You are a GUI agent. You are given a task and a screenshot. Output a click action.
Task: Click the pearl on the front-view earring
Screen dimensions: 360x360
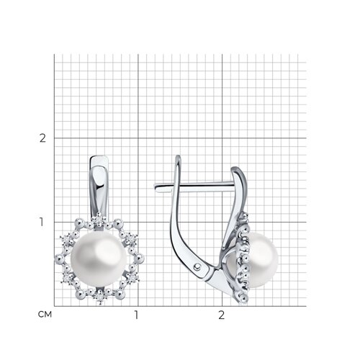tap(99, 258)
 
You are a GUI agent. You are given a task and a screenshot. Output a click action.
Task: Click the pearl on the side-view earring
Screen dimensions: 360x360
tap(263, 260)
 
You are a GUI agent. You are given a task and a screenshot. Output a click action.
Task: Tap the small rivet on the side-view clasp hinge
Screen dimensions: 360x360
tap(197, 266)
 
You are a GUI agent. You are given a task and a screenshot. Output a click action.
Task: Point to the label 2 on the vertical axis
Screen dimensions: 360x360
tap(42, 138)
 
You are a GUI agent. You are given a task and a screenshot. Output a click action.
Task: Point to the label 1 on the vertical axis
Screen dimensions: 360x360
tap(42, 222)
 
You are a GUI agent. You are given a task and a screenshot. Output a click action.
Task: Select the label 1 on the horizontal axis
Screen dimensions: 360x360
tap(136, 315)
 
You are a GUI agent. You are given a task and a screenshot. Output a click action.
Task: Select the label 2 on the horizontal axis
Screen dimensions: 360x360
tap(222, 315)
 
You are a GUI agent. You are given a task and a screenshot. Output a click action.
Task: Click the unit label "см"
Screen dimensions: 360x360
tap(45, 315)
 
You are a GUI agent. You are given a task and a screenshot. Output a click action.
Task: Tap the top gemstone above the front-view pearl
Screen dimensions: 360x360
tap(99, 219)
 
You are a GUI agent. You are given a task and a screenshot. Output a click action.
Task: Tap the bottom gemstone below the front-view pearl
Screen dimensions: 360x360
tap(100, 297)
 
